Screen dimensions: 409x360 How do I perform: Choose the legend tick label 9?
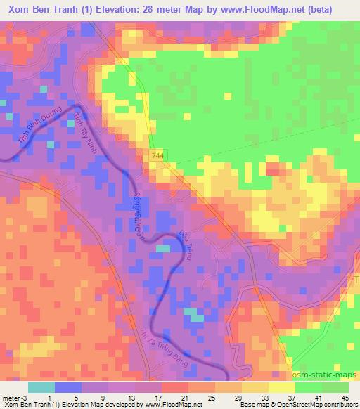tap(103, 397)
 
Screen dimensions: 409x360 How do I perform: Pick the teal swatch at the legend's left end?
tap(41, 387)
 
